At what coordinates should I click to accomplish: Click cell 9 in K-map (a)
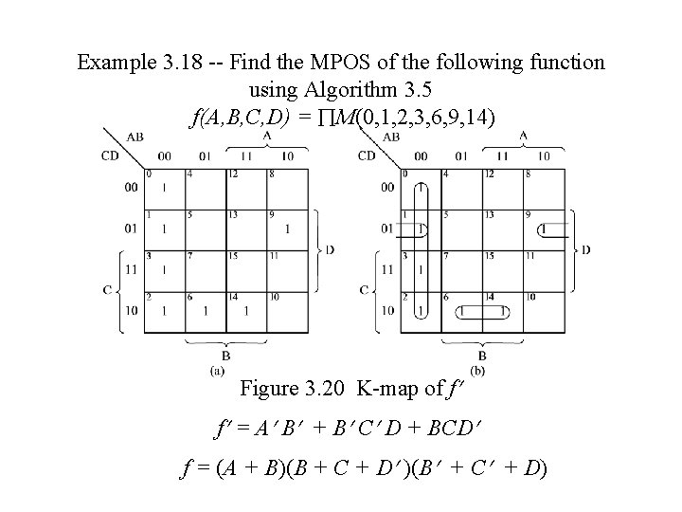[288, 229]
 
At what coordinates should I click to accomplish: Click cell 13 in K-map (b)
[501, 229]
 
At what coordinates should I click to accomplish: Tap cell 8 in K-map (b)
[544, 188]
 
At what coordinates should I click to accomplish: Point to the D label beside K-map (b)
[586, 249]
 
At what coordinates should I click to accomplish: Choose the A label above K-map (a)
[268, 137]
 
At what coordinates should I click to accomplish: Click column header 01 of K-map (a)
[205, 155]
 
